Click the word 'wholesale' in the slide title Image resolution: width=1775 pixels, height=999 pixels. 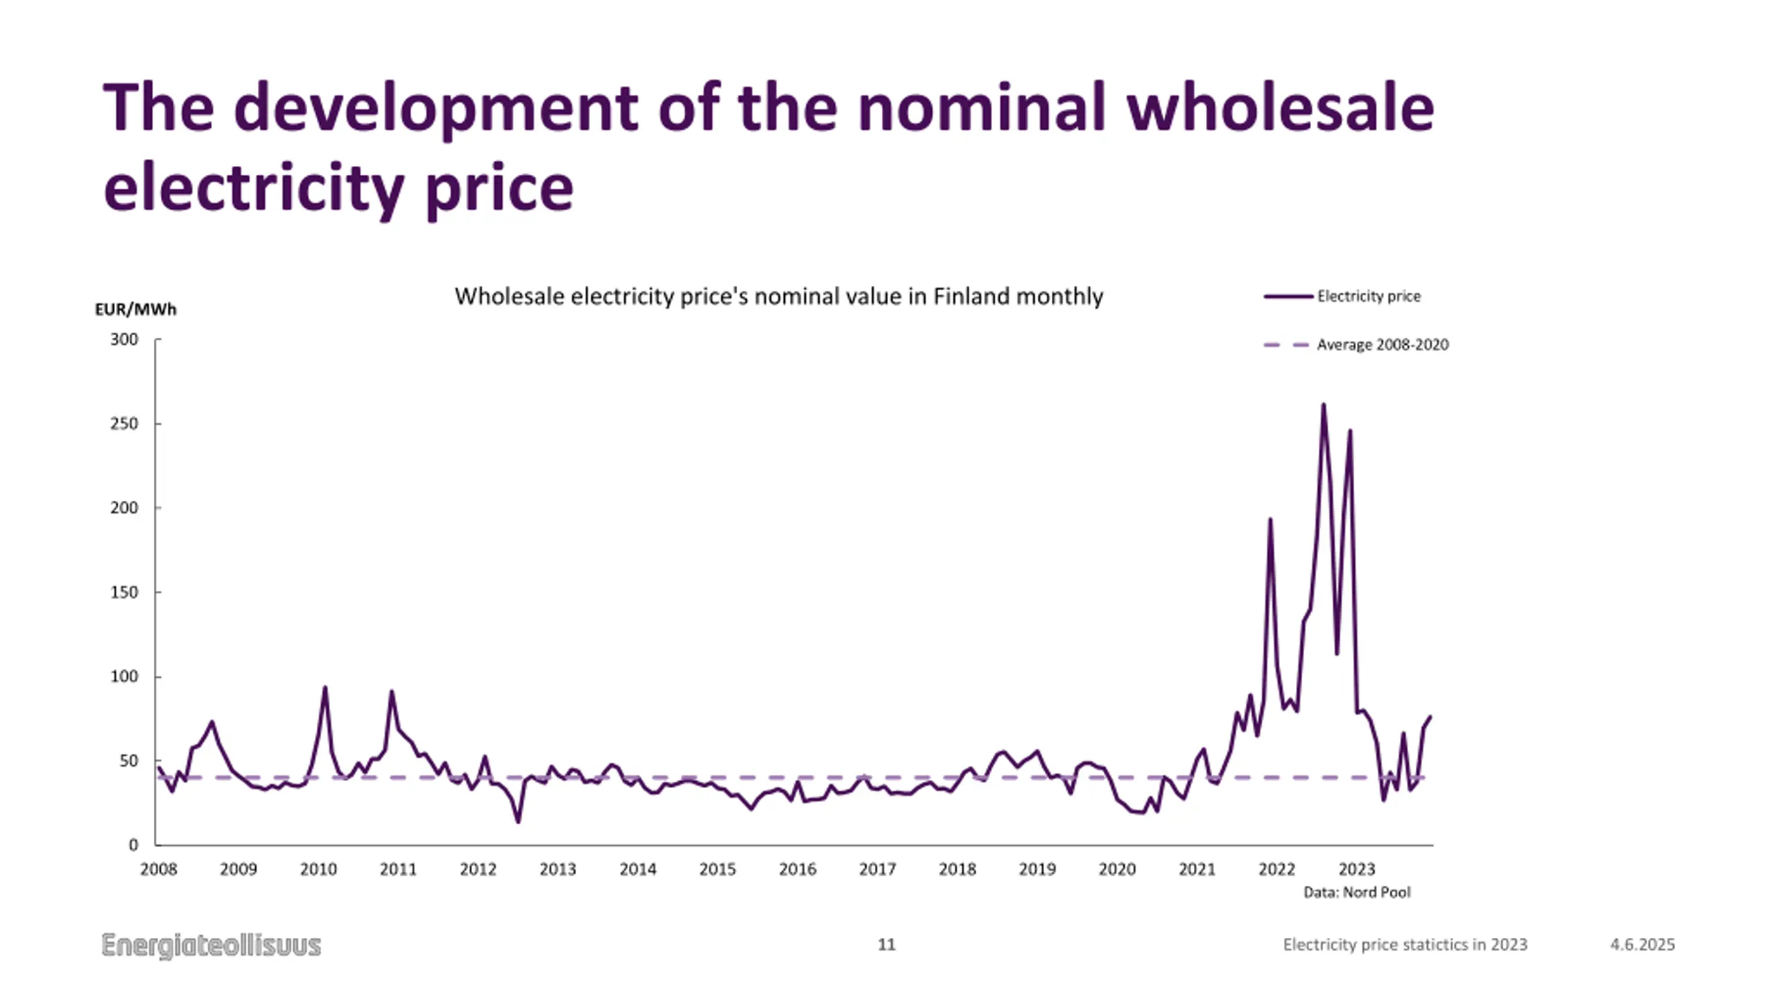[1279, 108]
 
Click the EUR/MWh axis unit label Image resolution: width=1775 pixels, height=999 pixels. [136, 309]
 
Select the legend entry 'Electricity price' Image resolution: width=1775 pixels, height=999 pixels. [1368, 296]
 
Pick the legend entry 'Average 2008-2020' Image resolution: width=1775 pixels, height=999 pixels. [1382, 345]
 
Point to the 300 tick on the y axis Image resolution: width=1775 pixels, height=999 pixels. [124, 339]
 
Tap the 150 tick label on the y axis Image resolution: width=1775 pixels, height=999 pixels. [124, 592]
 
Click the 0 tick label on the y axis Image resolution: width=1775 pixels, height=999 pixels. [133, 845]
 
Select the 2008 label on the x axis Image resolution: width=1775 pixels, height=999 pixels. [159, 869]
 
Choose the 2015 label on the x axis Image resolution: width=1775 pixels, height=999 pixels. [718, 869]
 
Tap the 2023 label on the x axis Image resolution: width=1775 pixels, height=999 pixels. [1356, 869]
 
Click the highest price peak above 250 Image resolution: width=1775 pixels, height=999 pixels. [1324, 405]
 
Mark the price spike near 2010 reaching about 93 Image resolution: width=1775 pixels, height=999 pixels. [324, 688]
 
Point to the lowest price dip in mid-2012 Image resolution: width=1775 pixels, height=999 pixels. [518, 821]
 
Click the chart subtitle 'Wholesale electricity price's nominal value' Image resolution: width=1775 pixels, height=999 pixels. [778, 297]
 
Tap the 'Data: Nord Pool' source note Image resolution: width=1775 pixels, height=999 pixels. [1357, 892]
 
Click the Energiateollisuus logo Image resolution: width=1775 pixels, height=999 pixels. [211, 946]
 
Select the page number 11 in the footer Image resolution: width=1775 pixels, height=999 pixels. [887, 945]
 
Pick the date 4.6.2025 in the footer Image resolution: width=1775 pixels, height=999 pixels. [1642, 945]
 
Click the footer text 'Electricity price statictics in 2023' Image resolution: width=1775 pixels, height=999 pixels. [1405, 945]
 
